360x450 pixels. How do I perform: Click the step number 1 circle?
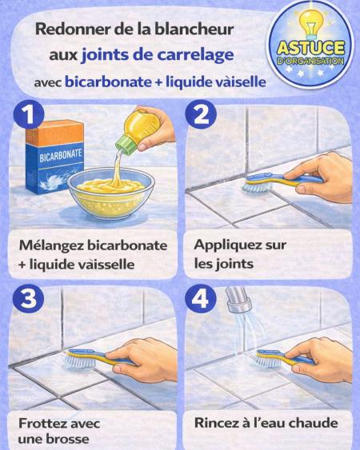29,115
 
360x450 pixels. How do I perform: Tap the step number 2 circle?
201,115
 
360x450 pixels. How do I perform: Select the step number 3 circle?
29,299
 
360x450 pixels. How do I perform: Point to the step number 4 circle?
201,299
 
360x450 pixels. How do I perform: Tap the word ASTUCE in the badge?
310,48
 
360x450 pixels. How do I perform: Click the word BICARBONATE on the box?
61,155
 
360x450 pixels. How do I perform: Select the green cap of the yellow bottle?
126,145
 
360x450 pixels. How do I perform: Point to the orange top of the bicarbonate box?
54,133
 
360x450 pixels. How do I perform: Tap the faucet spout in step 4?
238,300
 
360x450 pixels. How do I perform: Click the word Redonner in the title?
74,30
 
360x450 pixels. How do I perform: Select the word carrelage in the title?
195,55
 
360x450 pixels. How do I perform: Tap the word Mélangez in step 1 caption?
51,246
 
